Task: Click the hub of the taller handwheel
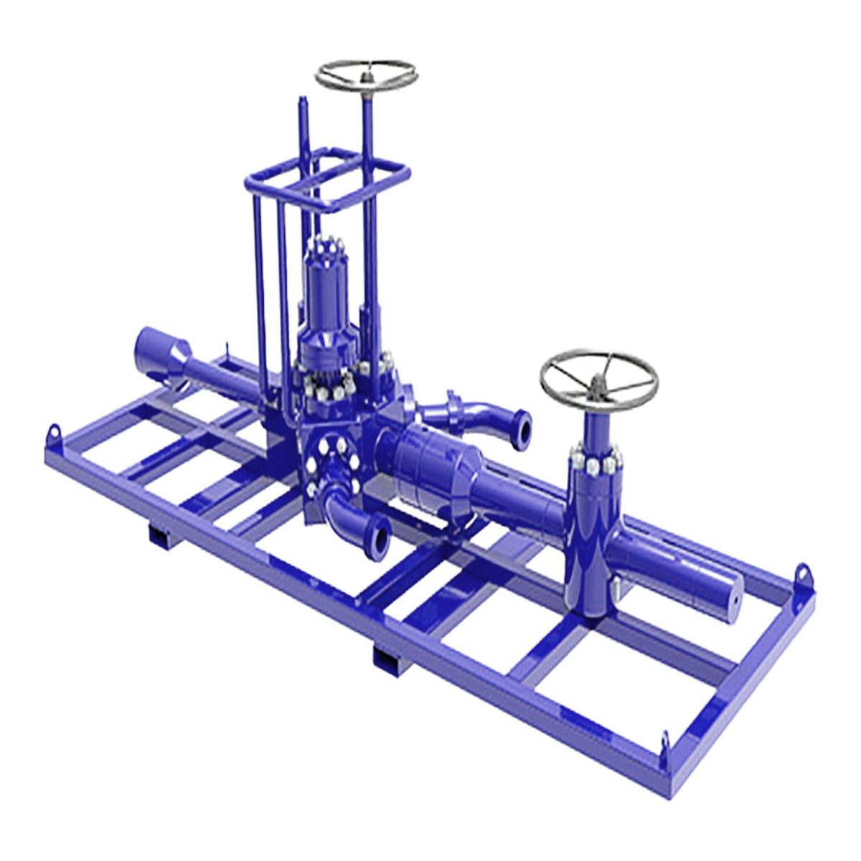pos(367,74)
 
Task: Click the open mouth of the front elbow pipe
pos(378,535)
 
